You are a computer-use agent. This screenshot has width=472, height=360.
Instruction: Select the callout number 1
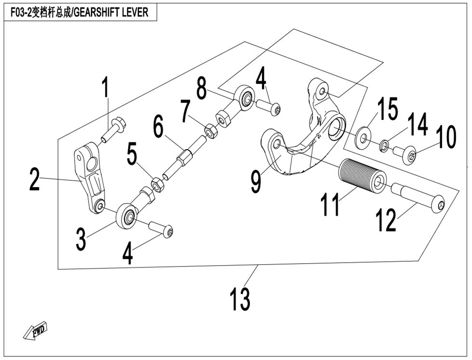point(105,88)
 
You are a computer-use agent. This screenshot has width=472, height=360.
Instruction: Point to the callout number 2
point(34,179)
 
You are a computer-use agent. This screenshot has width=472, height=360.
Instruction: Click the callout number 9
point(255,180)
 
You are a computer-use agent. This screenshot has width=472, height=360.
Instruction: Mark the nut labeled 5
point(156,183)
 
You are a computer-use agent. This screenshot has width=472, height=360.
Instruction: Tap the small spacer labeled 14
point(384,145)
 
